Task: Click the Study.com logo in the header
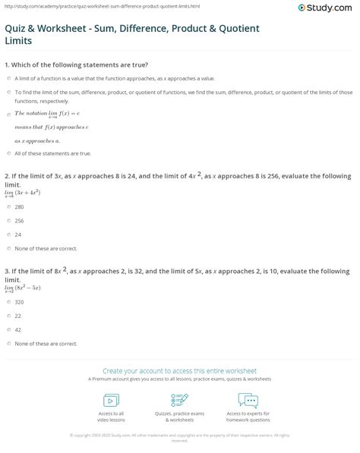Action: click(329, 9)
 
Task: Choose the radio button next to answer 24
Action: click(7, 234)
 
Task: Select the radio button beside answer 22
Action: click(7, 316)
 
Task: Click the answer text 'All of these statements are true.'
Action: click(52, 153)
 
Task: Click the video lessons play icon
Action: click(110, 400)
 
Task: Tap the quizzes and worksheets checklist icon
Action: click(179, 400)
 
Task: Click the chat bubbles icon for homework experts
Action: click(248, 400)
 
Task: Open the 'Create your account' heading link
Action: click(179, 366)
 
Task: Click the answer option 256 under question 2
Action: click(19, 220)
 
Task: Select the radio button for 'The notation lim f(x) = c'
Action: click(7, 112)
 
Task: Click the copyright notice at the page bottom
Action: click(179, 437)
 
